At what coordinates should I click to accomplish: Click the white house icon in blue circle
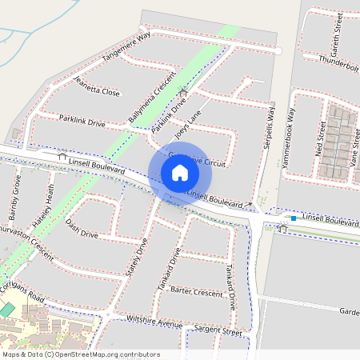pyautogui.click(x=180, y=173)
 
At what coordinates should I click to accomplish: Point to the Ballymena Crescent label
pyautogui.click(x=151, y=102)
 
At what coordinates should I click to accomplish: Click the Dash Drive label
pyautogui.click(x=82, y=229)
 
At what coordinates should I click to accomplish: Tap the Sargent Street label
pyautogui.click(x=218, y=330)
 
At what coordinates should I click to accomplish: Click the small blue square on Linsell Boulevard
pyautogui.click(x=294, y=218)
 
